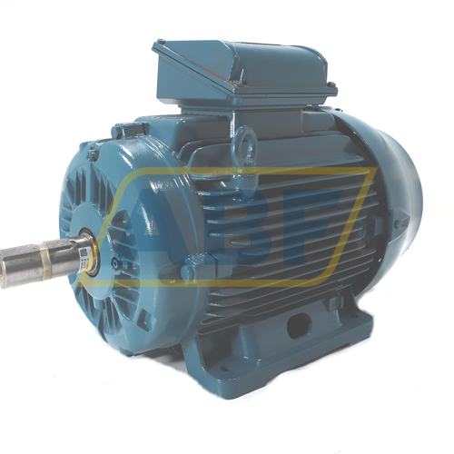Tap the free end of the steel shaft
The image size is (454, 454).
click(4, 269)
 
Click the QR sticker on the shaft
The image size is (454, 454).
click(83, 252)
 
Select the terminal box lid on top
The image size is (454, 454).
click(242, 66)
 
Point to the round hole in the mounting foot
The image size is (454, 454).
click(299, 325)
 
